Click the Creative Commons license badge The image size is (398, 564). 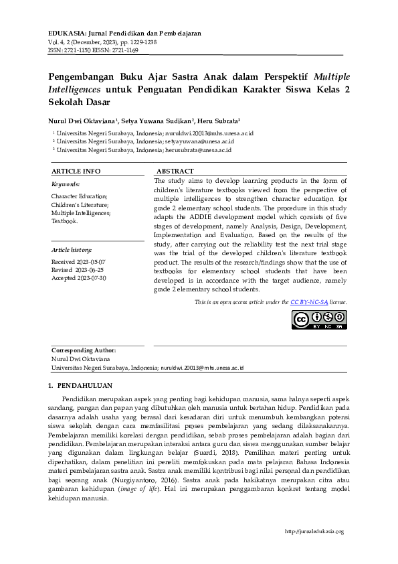[x=318, y=320]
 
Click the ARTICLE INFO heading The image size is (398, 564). [x=76, y=171]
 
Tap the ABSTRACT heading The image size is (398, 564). [x=175, y=171]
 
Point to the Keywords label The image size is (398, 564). [x=66, y=184]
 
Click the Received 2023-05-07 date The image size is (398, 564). [x=78, y=261]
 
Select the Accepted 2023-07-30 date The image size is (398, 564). [x=79, y=277]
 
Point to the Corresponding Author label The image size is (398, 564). [x=84, y=350]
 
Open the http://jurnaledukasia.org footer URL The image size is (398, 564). [x=314, y=531]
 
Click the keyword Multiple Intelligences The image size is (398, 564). [x=81, y=212]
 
